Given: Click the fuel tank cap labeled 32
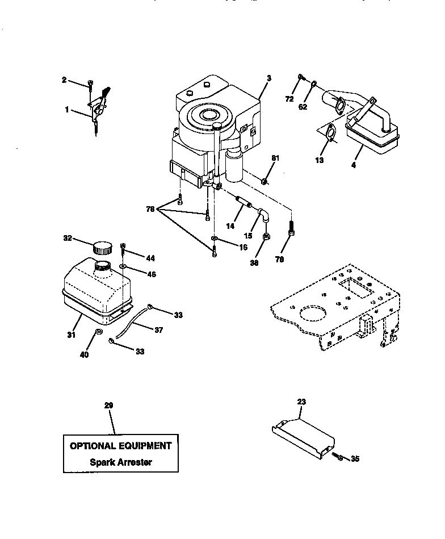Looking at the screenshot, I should tap(103, 248).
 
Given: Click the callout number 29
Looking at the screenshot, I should tap(109, 406).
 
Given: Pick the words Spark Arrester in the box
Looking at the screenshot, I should tap(121, 462).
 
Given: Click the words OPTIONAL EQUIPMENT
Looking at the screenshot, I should tap(120, 446).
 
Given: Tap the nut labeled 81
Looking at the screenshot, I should tap(264, 182).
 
